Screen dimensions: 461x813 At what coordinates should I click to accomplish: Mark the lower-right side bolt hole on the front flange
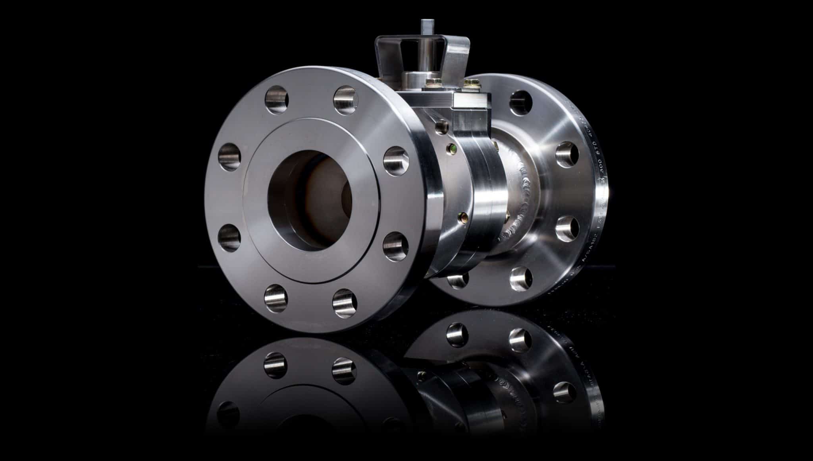394,242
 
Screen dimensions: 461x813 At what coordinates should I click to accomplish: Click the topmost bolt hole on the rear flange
522,99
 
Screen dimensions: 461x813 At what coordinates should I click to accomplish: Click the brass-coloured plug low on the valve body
462,217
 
